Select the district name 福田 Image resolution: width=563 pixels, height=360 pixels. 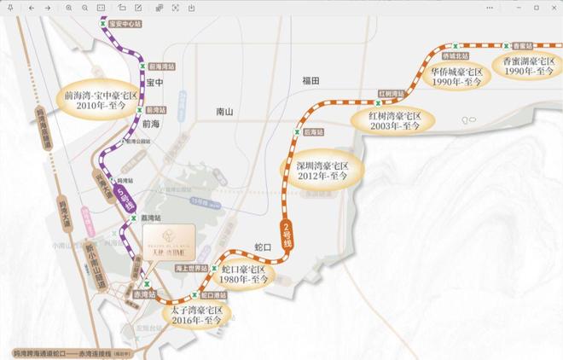[x=310, y=80]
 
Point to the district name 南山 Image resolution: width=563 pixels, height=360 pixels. [x=225, y=112]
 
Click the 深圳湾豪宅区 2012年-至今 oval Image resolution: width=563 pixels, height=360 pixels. [x=322, y=170]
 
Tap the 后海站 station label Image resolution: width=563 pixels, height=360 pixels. [x=314, y=132]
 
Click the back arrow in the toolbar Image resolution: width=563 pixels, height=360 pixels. [x=32, y=7]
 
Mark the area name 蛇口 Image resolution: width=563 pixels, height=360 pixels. [x=264, y=247]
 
